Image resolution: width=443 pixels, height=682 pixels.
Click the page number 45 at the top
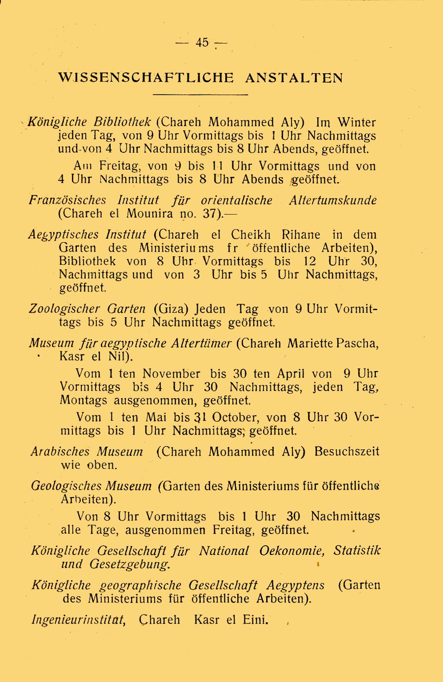202,42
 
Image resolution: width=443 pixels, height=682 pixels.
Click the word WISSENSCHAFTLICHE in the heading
146,78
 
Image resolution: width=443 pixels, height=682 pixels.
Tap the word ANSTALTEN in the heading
294,78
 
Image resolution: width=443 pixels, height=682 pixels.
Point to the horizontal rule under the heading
201,94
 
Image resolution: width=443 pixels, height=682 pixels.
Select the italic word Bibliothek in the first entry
122,122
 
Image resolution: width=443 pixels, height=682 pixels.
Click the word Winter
357,122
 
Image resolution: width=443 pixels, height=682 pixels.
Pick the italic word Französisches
68,200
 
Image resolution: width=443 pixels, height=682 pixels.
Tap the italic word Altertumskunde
333,200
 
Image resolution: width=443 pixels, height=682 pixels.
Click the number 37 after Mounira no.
210,214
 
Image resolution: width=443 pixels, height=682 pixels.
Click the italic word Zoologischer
64,309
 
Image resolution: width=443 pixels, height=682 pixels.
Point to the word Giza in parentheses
171,309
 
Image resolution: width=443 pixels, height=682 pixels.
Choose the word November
171,374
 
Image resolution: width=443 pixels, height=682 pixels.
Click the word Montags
84,401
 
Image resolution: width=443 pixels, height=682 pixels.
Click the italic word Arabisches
60,452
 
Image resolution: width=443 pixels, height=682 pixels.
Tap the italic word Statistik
357,551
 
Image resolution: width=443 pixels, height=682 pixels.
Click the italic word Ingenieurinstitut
78,620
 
